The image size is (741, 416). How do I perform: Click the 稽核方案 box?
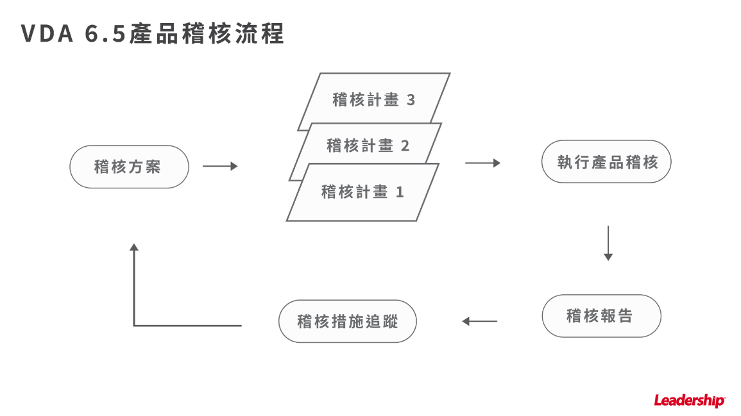(129, 167)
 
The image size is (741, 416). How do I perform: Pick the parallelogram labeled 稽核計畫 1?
(362, 192)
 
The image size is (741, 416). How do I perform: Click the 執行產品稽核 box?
(607, 162)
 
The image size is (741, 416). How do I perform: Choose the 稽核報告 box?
(601, 316)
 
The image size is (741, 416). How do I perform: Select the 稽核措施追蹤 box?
(348, 320)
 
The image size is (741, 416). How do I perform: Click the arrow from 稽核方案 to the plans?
(219, 167)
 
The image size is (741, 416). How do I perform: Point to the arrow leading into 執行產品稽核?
(482, 163)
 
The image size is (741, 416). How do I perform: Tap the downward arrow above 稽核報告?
(608, 244)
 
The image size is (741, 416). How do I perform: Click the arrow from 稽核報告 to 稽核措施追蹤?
(480, 321)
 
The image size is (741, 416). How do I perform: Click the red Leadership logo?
(689, 401)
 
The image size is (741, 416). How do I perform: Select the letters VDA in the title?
(47, 35)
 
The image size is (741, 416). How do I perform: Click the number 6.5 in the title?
(106, 35)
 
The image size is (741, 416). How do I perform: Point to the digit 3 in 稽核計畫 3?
(411, 100)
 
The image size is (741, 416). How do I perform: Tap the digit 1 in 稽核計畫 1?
(400, 192)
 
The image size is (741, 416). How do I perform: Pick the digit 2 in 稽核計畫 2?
(405, 146)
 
